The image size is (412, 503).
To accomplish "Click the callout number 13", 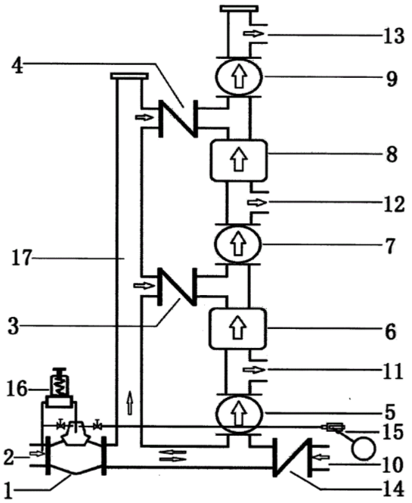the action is coord(394,36).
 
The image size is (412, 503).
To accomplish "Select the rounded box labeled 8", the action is coord(239,160).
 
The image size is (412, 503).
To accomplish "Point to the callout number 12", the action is coord(394,204).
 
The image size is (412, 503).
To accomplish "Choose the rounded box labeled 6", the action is coord(237,328).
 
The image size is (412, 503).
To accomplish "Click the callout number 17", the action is coord(21,258).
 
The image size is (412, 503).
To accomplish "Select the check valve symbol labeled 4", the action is coord(178,118).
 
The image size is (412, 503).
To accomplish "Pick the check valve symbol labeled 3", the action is coord(177,287).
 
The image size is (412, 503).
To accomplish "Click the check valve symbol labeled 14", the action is coord(292,457).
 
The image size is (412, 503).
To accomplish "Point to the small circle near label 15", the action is coord(364,449).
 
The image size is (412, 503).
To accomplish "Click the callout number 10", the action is coord(392,465).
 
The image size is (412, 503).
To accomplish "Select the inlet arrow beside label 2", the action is coord(36,454).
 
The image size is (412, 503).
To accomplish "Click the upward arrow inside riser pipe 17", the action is coord(129,403).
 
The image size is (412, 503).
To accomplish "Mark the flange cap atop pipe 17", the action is coord(129,76).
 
